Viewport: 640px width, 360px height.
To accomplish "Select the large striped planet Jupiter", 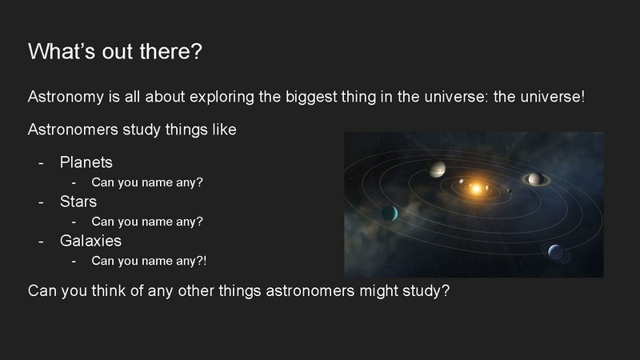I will pos(437,169).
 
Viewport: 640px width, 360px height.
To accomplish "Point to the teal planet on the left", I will pos(390,212).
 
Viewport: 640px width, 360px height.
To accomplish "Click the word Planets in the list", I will pos(86,162).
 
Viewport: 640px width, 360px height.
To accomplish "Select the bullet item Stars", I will pos(78,202).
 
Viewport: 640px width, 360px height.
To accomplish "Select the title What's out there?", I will pos(115,51).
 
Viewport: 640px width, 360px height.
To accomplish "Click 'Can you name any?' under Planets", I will pos(147,182).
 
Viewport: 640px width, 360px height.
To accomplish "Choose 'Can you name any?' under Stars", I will pos(147,221).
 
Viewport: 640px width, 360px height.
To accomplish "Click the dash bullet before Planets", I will pos(42,162).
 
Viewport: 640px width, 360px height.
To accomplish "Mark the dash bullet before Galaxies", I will pos(42,240).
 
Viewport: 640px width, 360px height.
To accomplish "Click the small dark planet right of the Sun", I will pos(509,190).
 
